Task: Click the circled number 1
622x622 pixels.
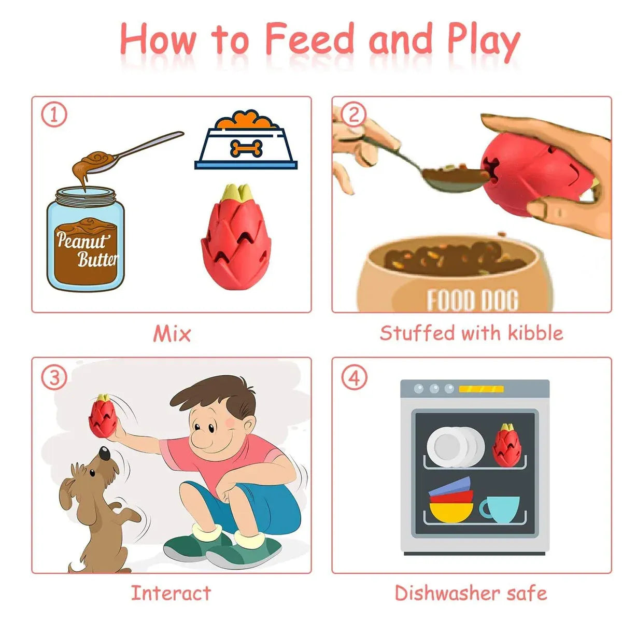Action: pos(54,115)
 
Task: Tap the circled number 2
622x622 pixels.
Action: pos(354,115)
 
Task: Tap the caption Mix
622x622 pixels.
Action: pos(172,333)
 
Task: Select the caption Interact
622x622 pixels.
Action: pos(171,593)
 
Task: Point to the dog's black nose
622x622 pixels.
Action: pos(105,454)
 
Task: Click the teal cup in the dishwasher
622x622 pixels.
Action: pos(500,510)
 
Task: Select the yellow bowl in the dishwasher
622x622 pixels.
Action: pos(451,512)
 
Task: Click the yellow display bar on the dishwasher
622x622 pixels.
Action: pos(481,389)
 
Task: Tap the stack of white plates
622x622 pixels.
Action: pos(456,447)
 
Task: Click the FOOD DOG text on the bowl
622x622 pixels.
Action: pos(473,300)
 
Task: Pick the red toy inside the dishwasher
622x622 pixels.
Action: pos(506,445)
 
